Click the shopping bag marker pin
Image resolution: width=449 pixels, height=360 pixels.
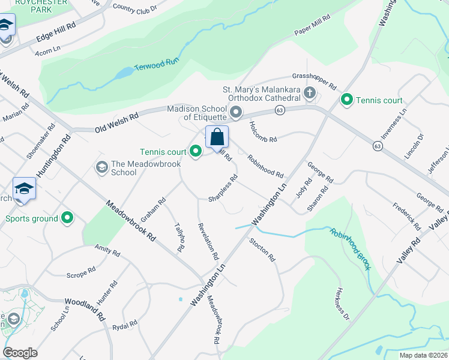click(217, 137)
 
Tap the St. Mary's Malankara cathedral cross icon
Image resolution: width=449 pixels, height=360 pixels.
click(309, 93)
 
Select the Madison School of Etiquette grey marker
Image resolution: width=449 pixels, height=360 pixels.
click(236, 112)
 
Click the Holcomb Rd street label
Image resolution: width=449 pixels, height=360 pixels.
click(263, 131)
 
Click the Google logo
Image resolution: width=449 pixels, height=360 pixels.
click(20, 353)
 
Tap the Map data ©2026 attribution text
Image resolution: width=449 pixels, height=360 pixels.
click(423, 355)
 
